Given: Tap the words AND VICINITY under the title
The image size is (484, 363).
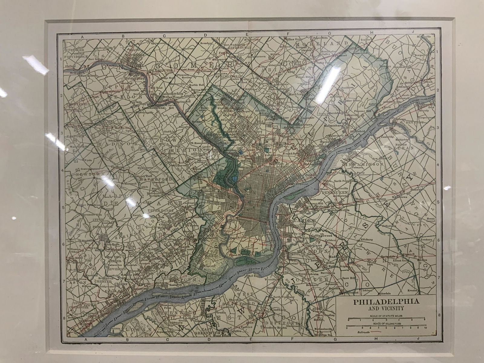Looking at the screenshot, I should [386, 309].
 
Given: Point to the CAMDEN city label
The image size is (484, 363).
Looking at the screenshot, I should [304, 221].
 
